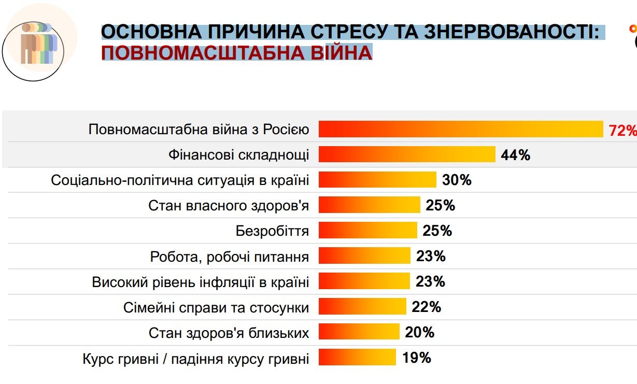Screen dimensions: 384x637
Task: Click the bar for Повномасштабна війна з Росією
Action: (460, 129)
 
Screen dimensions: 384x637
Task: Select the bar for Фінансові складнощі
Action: (407, 154)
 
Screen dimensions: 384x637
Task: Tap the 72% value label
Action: (622, 130)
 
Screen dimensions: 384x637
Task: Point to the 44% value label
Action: (515, 155)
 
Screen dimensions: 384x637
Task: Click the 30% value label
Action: (457, 180)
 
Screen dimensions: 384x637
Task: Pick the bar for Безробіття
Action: (367, 231)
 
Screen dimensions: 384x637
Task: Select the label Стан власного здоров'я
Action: (229, 206)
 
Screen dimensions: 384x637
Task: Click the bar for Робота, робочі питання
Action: (364, 256)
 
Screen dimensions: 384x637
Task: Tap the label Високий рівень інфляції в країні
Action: (201, 282)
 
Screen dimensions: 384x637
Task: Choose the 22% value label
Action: (426, 307)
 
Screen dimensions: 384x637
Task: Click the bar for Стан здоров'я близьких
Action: (359, 332)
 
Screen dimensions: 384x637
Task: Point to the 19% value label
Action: (416, 358)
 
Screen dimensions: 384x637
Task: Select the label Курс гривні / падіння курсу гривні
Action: (196, 359)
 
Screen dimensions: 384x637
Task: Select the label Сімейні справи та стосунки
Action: (216, 308)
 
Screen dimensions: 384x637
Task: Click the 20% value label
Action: (419, 332)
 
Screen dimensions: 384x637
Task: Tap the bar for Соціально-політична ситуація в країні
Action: (377, 180)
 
